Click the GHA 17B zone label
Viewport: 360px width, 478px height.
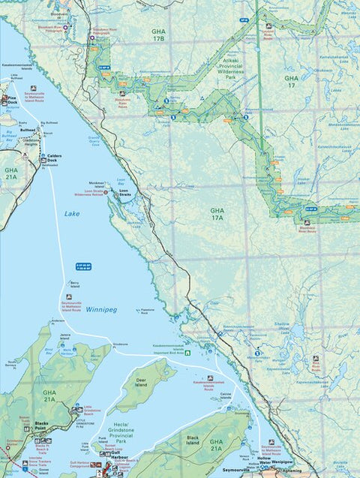[157, 35]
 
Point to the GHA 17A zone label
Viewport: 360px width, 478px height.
[217, 214]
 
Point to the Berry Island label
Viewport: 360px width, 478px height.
[74, 283]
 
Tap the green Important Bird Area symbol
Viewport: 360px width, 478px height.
[188, 353]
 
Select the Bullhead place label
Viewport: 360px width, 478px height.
[28, 129]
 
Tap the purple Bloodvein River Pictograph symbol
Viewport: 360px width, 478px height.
[66, 27]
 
